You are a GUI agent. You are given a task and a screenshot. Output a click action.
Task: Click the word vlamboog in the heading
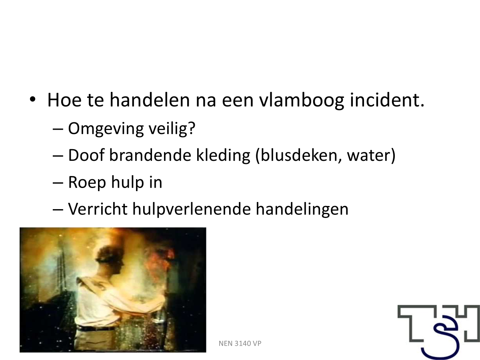click(302, 100)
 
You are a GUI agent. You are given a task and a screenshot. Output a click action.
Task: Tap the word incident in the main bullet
click(387, 100)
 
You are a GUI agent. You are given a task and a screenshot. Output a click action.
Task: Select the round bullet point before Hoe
click(32, 99)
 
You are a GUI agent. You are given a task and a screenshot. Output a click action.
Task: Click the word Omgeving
click(106, 128)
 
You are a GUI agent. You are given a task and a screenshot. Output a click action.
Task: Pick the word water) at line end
click(371, 155)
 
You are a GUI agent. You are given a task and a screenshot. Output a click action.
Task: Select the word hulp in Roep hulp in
click(128, 182)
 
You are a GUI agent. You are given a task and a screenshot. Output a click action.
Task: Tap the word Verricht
click(98, 209)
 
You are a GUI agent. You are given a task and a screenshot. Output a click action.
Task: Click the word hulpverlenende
click(192, 209)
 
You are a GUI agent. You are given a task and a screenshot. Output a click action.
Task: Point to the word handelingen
click(302, 209)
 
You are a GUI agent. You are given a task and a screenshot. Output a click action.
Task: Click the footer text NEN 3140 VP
click(240, 344)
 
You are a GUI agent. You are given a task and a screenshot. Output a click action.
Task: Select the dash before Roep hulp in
click(58, 183)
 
